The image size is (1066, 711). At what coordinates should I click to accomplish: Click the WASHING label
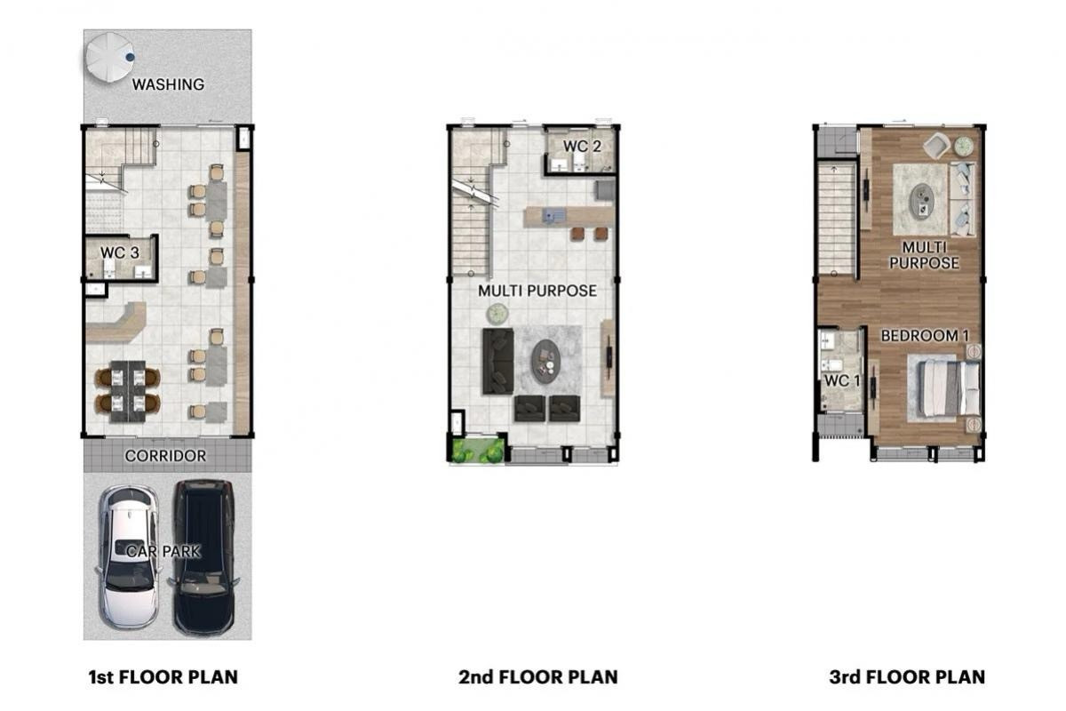tap(168, 84)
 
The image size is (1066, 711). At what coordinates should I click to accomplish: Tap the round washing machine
tap(109, 57)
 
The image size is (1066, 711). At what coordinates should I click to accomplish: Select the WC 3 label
tap(119, 252)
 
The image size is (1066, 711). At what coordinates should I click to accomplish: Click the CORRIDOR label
tap(165, 456)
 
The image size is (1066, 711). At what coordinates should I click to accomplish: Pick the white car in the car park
tap(128, 556)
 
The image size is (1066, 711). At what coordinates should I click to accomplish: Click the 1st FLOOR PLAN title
tap(163, 676)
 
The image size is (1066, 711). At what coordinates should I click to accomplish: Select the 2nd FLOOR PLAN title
tap(538, 676)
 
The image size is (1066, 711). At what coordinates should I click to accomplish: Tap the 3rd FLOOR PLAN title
tap(907, 676)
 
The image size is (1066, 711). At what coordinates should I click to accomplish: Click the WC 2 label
tap(582, 147)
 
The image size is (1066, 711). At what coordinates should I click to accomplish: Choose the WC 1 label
tap(842, 380)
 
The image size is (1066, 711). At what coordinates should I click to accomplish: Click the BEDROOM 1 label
tap(925, 336)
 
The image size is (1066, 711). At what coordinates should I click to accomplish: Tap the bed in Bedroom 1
tap(948, 387)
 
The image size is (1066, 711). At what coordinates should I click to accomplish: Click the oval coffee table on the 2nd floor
tap(545, 362)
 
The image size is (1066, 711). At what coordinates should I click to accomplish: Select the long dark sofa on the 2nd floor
tap(498, 362)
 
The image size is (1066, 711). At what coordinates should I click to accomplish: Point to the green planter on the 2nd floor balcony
tap(478, 450)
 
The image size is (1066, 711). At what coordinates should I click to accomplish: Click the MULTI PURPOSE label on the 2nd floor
tap(537, 291)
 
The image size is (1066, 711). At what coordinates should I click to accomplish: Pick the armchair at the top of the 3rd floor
tap(936, 146)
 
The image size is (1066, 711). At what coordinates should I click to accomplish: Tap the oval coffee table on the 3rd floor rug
tap(922, 201)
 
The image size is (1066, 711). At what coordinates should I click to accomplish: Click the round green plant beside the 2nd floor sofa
tap(497, 314)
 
